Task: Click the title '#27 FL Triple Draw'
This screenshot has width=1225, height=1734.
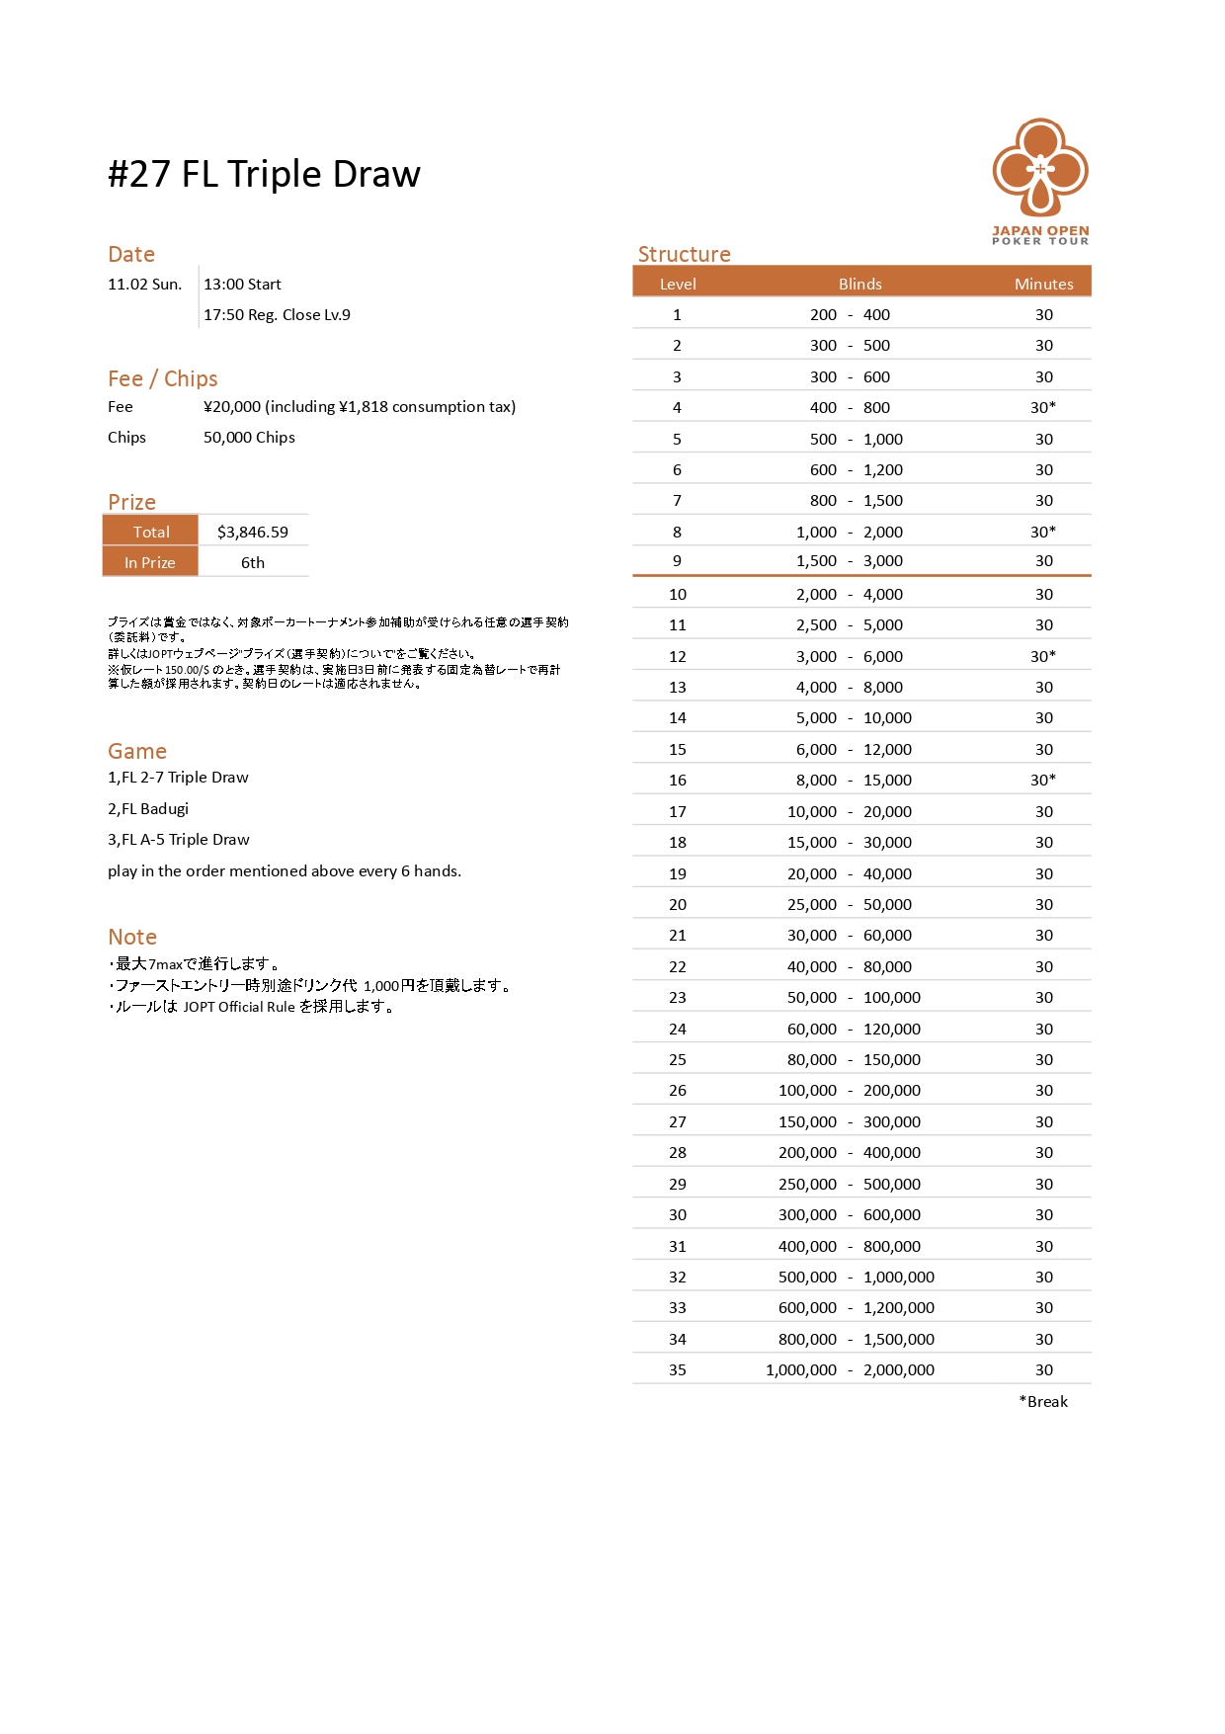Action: [264, 174]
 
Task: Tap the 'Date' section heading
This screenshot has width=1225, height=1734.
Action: [131, 254]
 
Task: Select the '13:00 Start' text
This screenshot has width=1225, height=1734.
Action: [242, 285]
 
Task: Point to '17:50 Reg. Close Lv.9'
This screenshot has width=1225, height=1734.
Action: [277, 315]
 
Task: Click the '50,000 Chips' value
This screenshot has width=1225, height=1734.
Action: [249, 438]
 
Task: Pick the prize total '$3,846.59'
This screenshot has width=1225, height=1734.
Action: [253, 532]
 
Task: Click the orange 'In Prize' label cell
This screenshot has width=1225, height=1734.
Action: [150, 562]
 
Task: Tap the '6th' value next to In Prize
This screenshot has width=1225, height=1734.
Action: [253, 562]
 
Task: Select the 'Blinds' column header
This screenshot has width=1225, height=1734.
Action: [859, 284]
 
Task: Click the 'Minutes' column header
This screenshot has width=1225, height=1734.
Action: [1043, 284]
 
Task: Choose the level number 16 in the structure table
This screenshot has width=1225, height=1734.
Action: [677, 781]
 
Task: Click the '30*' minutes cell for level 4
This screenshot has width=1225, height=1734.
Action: [1043, 407]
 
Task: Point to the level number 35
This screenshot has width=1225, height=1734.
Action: [677, 1370]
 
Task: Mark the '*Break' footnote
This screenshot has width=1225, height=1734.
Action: [1043, 1401]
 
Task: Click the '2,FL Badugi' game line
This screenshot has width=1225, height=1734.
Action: [148, 809]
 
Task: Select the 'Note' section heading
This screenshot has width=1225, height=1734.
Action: [132, 937]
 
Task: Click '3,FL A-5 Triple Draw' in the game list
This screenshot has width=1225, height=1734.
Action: [179, 840]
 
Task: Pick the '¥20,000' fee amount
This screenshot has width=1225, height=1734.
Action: [232, 407]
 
